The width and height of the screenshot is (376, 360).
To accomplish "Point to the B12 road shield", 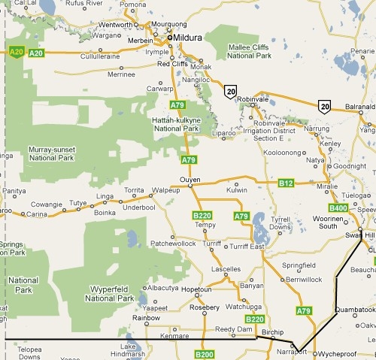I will (286, 183).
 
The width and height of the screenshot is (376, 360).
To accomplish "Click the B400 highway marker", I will (338, 207).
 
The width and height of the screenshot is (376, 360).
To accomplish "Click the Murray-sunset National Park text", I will (51, 153).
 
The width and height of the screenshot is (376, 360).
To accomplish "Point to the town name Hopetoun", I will (198, 289).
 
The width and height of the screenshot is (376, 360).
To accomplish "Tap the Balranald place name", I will (359, 107).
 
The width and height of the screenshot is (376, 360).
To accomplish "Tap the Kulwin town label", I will (236, 192).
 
